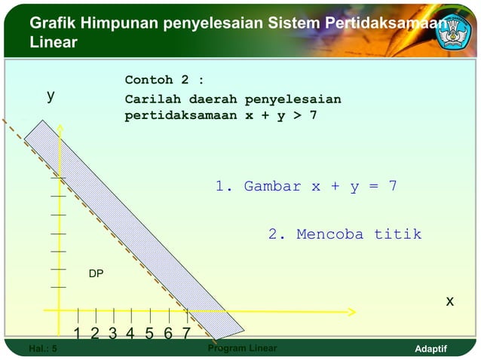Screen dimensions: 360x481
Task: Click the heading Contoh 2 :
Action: point(164,80)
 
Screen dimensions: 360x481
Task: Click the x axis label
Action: point(449,301)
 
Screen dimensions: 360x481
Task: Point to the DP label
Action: point(96,274)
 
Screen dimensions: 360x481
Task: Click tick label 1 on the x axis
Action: point(78,333)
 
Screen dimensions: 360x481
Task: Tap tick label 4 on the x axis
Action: point(130,333)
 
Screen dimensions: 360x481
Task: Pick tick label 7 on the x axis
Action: point(185,333)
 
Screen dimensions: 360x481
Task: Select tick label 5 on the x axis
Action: point(149,333)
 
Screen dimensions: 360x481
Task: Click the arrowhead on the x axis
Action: point(351,310)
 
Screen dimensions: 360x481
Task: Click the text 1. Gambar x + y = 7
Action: point(306,186)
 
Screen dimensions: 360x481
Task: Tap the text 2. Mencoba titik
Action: point(345,234)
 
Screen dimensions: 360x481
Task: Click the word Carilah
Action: point(153,99)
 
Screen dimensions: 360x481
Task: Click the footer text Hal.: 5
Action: point(42,349)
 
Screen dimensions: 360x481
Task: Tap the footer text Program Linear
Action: point(241,349)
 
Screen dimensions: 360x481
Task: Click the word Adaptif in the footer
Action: point(431,349)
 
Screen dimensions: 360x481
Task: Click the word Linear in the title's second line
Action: point(53,43)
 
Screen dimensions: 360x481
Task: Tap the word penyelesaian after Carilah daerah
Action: point(293,99)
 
